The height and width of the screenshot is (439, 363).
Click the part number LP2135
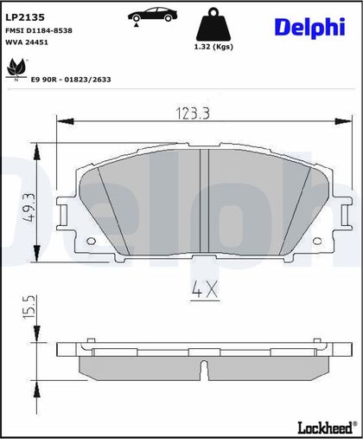pyautogui.click(x=25, y=17)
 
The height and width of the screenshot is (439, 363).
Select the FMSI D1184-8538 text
pyautogui.click(x=39, y=30)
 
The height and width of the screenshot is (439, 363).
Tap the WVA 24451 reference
pyautogui.click(x=27, y=42)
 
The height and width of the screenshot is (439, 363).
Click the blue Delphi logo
pyautogui.click(x=309, y=28)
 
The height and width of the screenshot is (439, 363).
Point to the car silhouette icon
pyautogui.click(x=152, y=15)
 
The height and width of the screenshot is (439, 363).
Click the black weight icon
pyautogui.click(x=213, y=24)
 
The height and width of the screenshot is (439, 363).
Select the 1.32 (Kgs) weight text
pyautogui.click(x=213, y=47)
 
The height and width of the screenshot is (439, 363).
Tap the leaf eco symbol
pyautogui.click(x=16, y=69)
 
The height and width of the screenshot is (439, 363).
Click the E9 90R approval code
pyautogui.click(x=71, y=80)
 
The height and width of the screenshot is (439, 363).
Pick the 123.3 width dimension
pyautogui.click(x=193, y=113)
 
